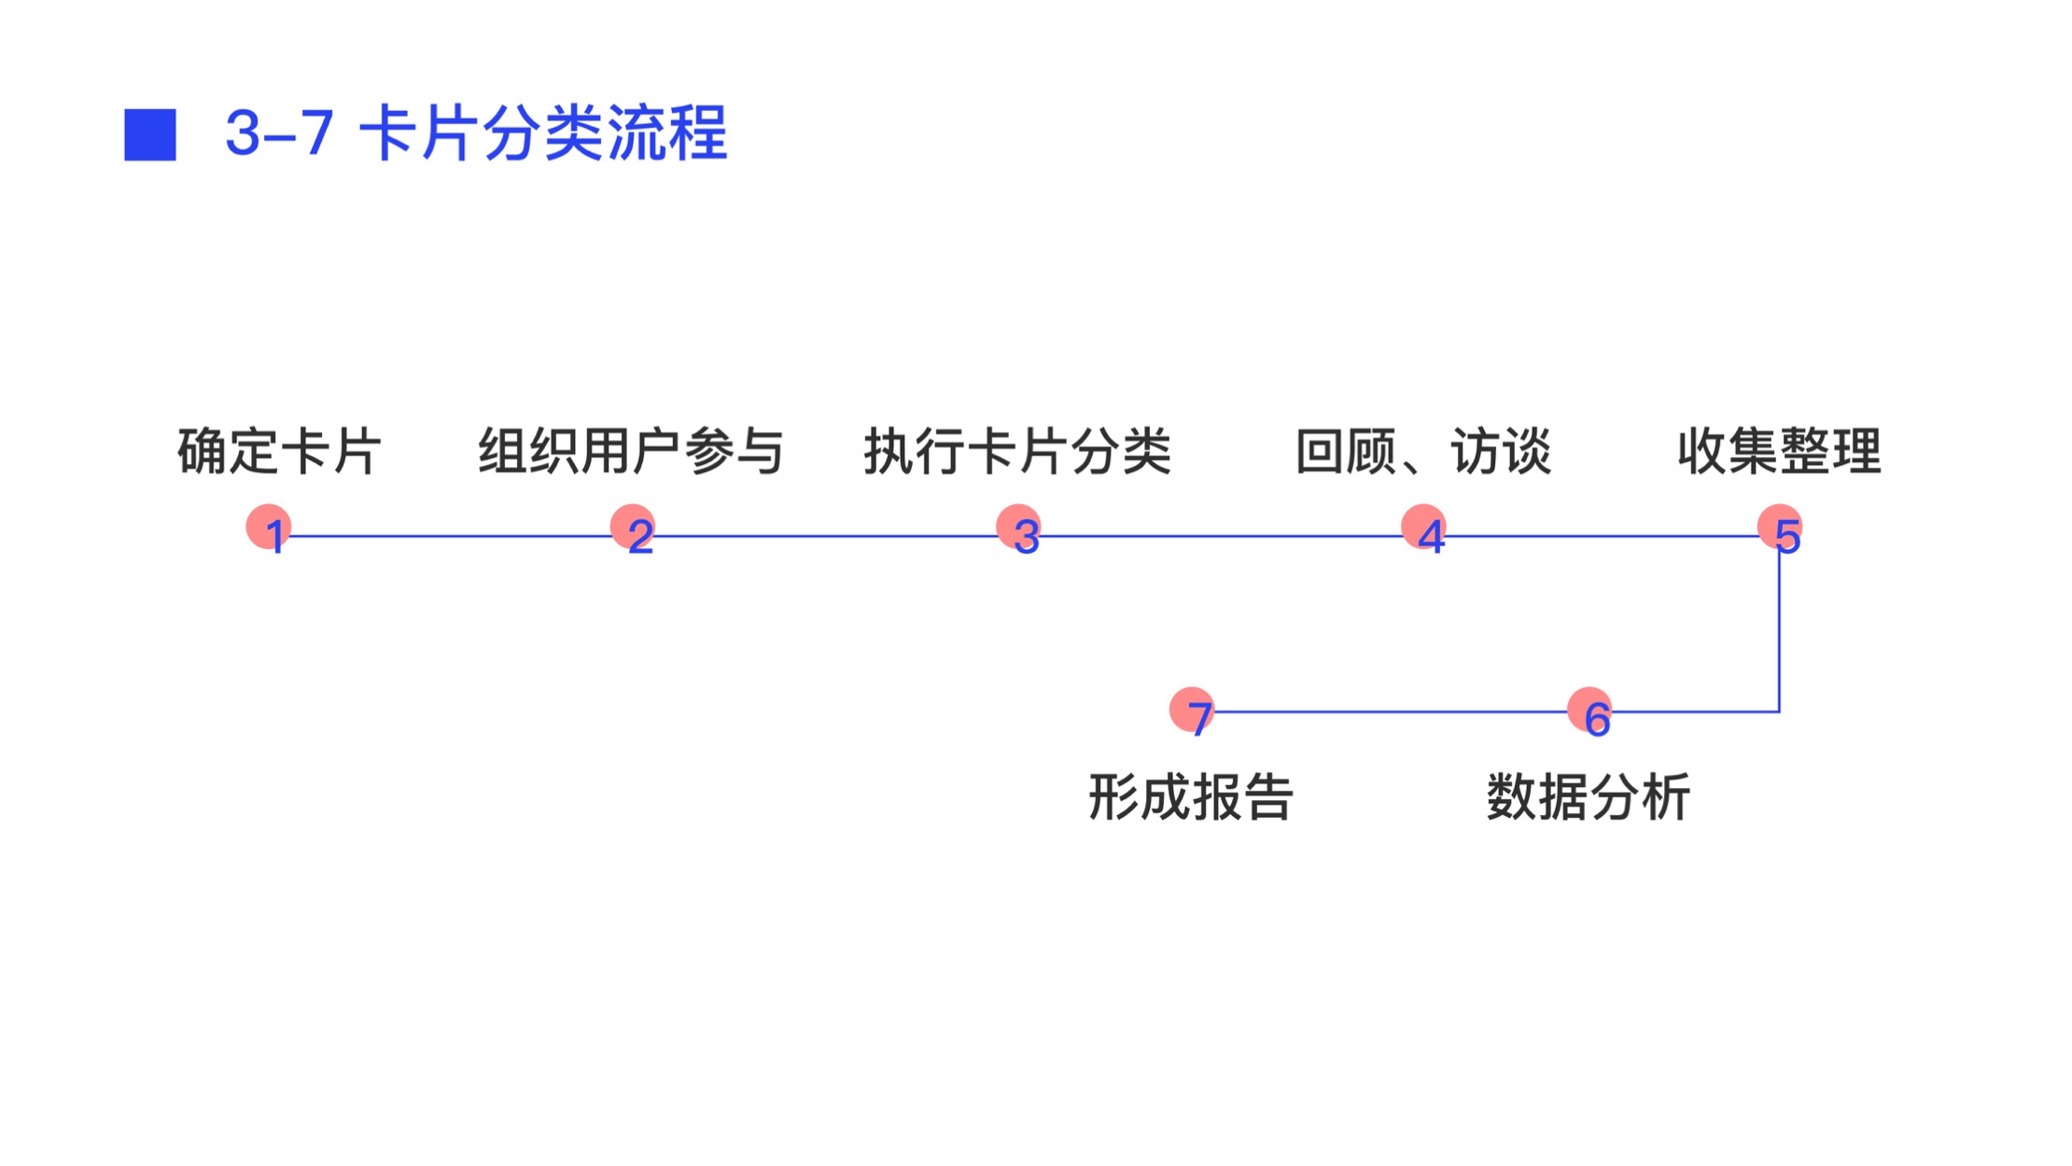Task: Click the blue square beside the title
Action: (150, 135)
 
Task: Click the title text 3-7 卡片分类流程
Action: (476, 133)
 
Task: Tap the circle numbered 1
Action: (269, 527)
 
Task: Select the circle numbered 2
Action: (633, 527)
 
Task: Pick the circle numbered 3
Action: (1019, 527)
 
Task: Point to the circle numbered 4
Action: (1424, 527)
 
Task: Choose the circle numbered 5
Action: (1780, 527)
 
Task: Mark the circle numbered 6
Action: (1589, 710)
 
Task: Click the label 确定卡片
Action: (279, 452)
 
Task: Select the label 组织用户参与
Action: (631, 452)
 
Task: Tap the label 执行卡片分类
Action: (1017, 452)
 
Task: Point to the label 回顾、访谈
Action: (1423, 452)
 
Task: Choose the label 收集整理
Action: (1779, 452)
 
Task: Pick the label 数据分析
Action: (1589, 797)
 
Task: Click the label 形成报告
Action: (1191, 797)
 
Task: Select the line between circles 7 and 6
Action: (1391, 711)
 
